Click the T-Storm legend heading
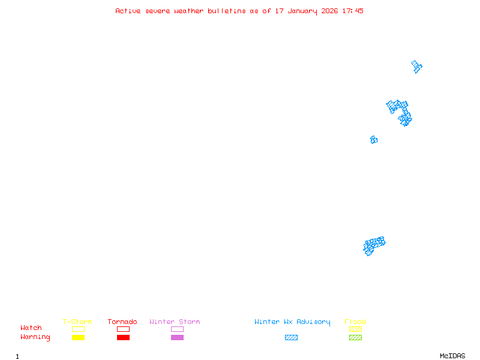tap(77, 322)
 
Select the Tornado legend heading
tap(122, 322)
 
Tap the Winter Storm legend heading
tap(175, 322)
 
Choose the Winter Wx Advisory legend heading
tap(292, 322)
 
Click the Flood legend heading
tap(355, 322)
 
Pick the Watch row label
tap(31, 328)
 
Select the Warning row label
tap(35, 337)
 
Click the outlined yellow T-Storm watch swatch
tap(78, 329)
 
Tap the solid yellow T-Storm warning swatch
tap(78, 338)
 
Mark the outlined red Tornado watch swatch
tap(123, 329)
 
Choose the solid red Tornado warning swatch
tap(123, 338)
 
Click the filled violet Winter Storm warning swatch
tap(177, 338)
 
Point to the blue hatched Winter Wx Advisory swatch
tap(291, 338)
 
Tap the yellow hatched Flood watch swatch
tap(355, 329)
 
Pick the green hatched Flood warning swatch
tap(355, 338)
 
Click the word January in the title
tap(302, 11)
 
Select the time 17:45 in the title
tap(352, 11)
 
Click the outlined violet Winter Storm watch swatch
tap(177, 329)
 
